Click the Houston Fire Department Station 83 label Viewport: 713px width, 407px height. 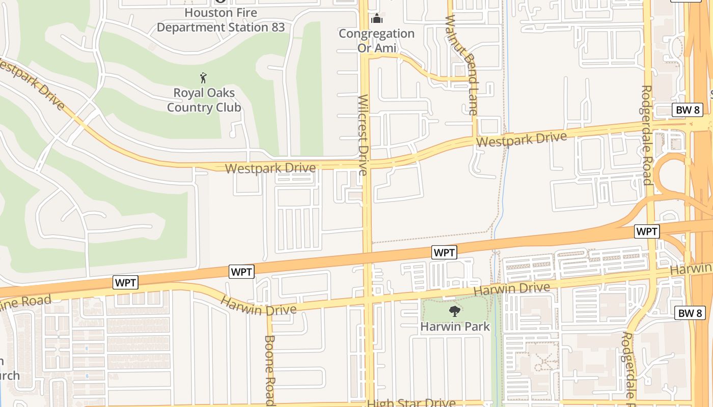click(221, 20)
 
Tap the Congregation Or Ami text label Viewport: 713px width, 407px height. click(376, 41)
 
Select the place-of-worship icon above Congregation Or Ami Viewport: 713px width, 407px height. click(377, 19)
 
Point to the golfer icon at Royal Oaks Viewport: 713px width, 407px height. click(204, 78)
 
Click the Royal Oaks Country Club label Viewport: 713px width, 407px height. click(204, 100)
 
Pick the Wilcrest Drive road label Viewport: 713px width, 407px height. click(363, 135)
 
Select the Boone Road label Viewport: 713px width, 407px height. click(270, 370)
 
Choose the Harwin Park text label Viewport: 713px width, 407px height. click(455, 326)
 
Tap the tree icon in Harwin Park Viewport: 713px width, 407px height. click(454, 311)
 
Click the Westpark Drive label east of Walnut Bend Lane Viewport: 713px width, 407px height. click(522, 139)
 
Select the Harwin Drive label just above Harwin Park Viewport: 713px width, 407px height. click(512, 289)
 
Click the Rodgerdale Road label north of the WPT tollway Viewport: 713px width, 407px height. click(646, 135)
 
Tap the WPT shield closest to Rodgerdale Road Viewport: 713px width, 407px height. click(647, 231)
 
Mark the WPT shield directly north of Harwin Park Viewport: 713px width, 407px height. click(444, 252)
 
